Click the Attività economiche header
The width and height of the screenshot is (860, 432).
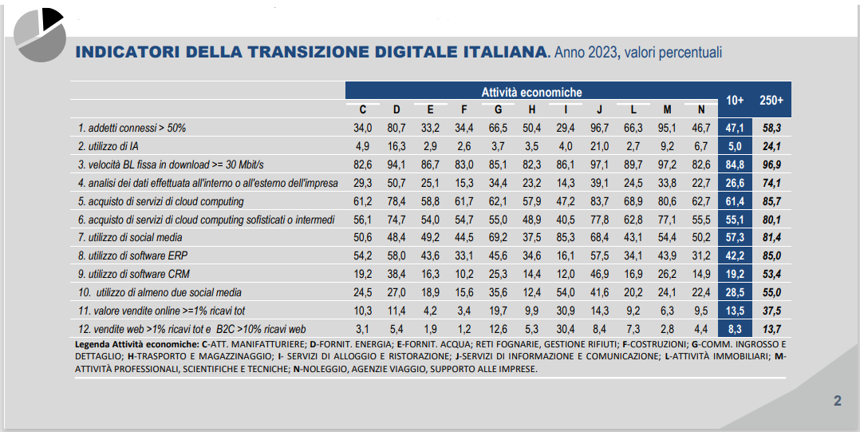531,93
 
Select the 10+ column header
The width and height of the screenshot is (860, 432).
735,101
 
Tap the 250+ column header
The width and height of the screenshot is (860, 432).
771,101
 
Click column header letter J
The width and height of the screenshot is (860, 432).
599,109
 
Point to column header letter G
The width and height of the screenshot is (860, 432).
499,109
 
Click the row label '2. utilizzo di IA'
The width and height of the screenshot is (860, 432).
108,145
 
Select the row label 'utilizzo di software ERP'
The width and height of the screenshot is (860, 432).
131,256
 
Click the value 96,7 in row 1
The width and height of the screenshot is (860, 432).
599,127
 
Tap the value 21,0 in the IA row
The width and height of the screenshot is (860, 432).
599,145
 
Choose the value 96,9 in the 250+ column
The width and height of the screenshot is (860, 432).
771,164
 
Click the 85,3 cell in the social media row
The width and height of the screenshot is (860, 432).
566,237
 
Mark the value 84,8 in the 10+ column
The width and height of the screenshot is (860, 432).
735,164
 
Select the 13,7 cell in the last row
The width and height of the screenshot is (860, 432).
771,329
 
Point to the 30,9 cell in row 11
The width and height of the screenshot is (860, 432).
566,311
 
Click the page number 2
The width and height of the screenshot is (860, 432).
837,401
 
